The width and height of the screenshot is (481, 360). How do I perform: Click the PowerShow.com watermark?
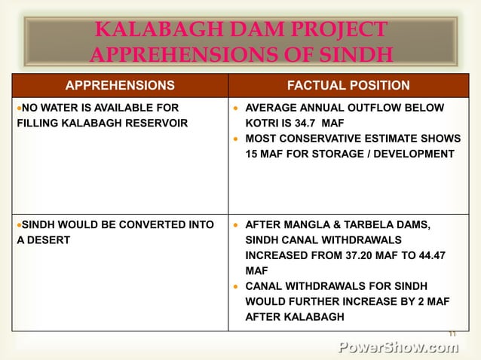tap(397, 347)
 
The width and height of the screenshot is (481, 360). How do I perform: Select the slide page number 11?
tap(452, 334)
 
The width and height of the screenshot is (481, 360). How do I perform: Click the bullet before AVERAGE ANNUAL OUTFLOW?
tap(236, 108)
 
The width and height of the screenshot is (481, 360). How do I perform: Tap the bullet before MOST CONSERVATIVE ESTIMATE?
tap(236, 139)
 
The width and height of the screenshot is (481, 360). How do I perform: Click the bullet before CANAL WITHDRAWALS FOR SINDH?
tap(236, 287)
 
